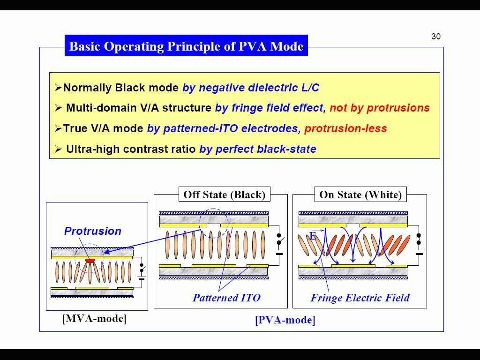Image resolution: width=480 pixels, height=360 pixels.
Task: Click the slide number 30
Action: pyautogui.click(x=436, y=37)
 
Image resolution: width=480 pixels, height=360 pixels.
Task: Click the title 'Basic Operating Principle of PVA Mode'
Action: pyautogui.click(x=186, y=46)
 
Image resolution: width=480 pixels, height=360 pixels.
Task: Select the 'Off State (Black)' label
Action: pyautogui.click(x=224, y=195)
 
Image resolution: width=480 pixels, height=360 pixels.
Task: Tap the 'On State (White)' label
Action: pyautogui.click(x=360, y=195)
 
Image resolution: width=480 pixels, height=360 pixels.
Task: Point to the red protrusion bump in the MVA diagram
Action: pyautogui.click(x=90, y=260)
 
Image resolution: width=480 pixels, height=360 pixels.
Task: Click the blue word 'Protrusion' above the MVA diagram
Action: pyautogui.click(x=92, y=231)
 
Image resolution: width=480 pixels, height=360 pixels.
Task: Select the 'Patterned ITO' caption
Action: pyautogui.click(x=226, y=298)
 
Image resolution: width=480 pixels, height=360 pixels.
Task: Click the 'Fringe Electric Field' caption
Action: pyautogui.click(x=360, y=298)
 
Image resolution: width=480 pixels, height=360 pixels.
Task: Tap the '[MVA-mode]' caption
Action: pyautogui.click(x=94, y=319)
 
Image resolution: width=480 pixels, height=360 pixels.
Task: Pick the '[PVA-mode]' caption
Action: pyautogui.click(x=285, y=320)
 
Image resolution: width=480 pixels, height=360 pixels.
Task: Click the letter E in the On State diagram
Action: pyautogui.click(x=313, y=236)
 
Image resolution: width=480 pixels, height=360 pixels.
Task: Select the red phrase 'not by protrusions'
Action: pyautogui.click(x=379, y=108)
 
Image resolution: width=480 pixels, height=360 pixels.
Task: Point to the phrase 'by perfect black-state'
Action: pyautogui.click(x=258, y=149)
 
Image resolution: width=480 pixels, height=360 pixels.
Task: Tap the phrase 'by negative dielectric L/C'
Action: pyautogui.click(x=251, y=88)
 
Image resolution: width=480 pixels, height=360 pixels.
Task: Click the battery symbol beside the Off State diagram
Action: pyautogui.click(x=279, y=253)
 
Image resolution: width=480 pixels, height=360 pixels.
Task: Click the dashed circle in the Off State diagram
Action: pyautogui.click(x=213, y=223)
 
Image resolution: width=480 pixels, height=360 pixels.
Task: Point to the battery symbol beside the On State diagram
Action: pyautogui.click(x=419, y=253)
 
